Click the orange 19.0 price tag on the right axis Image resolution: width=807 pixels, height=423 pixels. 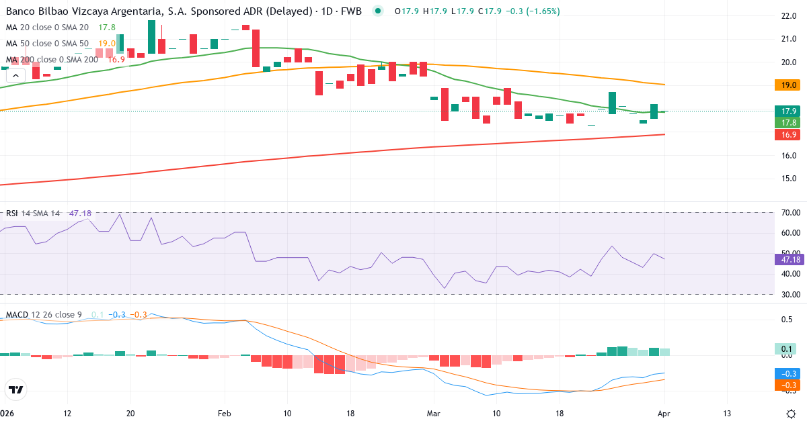click(x=785, y=85)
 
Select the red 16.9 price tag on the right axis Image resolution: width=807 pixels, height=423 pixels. click(x=785, y=135)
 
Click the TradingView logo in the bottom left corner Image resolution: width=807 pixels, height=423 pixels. click(x=16, y=389)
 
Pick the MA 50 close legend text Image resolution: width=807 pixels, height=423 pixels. click(x=47, y=44)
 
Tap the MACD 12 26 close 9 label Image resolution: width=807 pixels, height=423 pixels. click(x=44, y=314)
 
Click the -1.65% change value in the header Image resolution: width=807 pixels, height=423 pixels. click(x=542, y=11)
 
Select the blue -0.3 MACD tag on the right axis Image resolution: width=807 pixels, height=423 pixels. click(x=785, y=373)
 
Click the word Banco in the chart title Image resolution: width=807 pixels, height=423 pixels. click(x=20, y=11)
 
